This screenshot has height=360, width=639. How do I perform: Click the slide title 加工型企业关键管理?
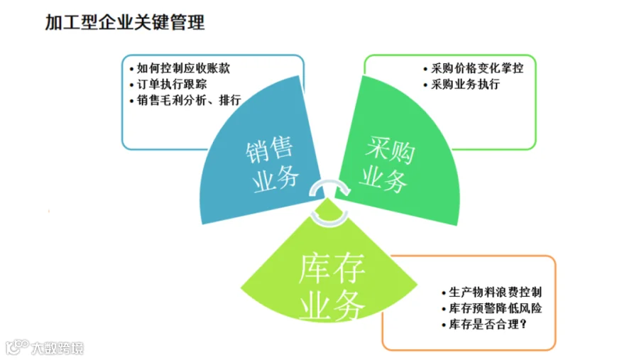(125, 22)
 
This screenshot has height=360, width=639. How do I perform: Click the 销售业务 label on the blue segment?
(272, 164)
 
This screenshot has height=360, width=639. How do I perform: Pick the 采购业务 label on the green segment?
(387, 164)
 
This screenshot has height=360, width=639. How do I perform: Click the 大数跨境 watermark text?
(58, 348)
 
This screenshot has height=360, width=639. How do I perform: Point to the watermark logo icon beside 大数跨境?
(17, 347)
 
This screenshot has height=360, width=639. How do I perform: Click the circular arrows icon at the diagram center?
(329, 202)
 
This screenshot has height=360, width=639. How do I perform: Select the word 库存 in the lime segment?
(332, 268)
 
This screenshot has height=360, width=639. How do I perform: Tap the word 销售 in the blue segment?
(269, 150)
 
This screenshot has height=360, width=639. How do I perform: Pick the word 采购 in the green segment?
(390, 150)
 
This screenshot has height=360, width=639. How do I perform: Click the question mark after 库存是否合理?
(524, 324)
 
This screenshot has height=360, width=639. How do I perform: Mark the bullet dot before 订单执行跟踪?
(131, 85)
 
